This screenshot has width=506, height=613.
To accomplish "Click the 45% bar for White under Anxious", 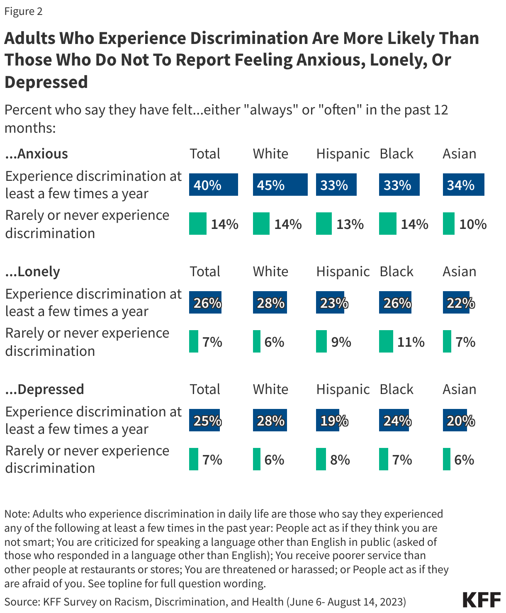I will point(280,185).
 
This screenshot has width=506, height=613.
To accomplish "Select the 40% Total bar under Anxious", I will point(213,185).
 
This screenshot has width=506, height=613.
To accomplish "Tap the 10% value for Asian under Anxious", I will point(473,224).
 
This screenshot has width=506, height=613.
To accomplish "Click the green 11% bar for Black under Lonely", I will point(386,341).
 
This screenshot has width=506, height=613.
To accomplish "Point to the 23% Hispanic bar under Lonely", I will point(330,303).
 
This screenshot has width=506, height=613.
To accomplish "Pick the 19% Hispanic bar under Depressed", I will point(328,421).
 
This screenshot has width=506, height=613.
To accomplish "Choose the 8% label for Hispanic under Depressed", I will point(340,460).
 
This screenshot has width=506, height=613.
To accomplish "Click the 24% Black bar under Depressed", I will point(394,421).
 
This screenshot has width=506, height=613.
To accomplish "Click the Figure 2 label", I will point(24,11).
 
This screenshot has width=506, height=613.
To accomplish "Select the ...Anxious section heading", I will point(36,154).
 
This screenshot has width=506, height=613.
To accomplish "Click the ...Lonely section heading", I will point(32,272).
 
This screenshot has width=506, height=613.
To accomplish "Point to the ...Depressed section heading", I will point(44,389).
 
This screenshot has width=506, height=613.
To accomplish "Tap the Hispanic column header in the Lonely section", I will point(343,272).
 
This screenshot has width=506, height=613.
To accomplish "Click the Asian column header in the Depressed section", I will point(459,389).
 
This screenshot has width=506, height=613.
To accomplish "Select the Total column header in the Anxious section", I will point(205,154).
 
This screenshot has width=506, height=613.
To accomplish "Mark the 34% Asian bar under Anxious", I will point(463,185).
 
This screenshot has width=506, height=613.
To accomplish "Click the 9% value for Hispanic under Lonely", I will point(341,342).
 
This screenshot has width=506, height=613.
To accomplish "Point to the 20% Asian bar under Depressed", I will point(455,421).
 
